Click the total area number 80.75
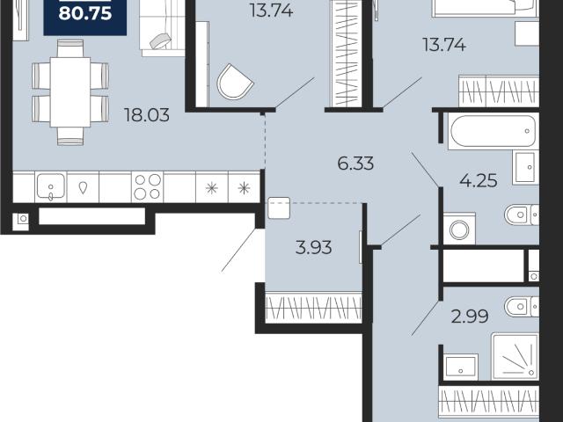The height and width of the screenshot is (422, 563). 85,14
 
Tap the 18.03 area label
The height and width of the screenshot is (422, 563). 147,115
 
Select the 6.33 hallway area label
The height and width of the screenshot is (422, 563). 355,164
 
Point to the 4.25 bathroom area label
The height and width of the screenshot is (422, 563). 479,180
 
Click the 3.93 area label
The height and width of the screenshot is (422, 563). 313,248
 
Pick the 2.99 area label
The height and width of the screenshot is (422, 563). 470,316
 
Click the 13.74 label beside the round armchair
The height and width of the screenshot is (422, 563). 272,10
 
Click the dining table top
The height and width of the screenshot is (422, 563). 70,92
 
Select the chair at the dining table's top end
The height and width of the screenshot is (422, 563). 70,48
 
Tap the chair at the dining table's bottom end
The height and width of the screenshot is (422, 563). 70,136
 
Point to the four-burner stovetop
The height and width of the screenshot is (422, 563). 147,187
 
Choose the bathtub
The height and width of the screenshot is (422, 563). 494,131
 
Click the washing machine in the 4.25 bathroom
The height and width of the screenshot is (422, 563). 459,229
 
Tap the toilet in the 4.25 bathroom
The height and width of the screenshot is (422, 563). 522,215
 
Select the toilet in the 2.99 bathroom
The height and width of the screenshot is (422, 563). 522,307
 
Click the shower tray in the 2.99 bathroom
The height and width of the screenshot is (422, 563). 515,356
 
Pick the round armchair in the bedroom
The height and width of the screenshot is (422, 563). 235,82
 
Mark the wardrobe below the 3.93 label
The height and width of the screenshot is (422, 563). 313,308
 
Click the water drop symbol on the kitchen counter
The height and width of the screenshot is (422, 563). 83,187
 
